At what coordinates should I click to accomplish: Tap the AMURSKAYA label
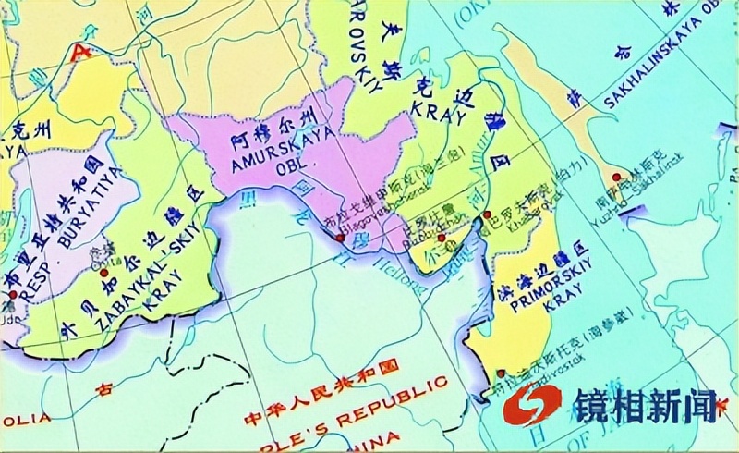pos(266,159)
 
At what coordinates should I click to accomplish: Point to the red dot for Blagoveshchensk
pos(340,238)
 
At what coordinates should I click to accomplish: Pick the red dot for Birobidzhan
pos(442,239)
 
